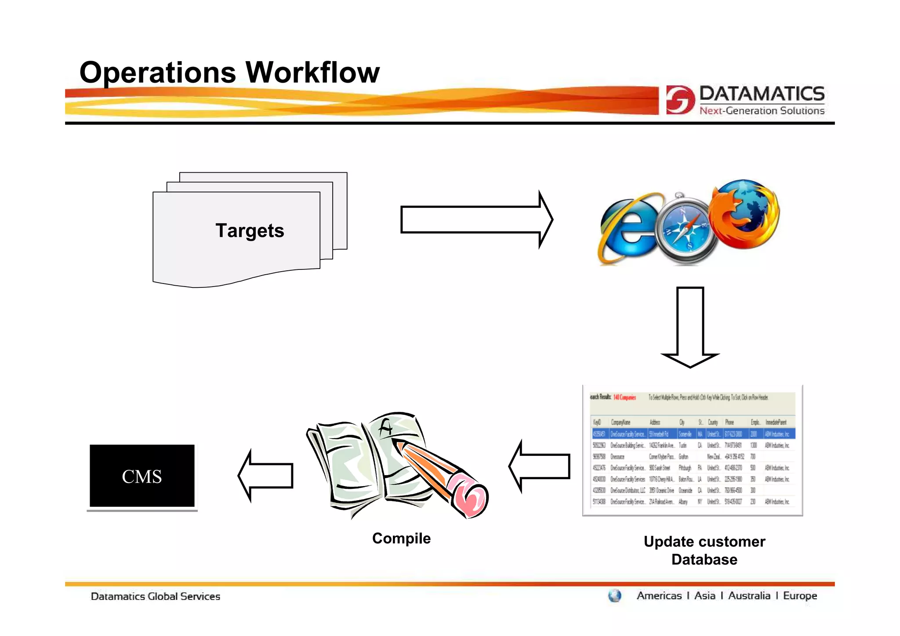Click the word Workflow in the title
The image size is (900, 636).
click(312, 73)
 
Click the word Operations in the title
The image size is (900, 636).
click(158, 73)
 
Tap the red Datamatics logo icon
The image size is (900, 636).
click(679, 100)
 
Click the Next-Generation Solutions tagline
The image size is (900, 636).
click(762, 111)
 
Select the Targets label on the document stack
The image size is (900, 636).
click(250, 231)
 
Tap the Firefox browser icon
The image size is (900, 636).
click(744, 214)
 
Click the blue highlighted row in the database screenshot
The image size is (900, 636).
click(693, 434)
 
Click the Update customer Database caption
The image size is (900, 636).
click(704, 550)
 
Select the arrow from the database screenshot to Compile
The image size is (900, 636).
click(540, 466)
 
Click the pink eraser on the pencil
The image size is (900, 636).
click(471, 496)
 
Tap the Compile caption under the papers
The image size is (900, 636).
click(401, 538)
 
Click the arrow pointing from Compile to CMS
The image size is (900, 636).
click(266, 476)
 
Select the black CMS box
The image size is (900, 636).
click(142, 476)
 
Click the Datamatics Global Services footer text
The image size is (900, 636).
click(155, 596)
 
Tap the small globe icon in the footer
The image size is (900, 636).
click(614, 596)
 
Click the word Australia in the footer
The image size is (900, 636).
click(749, 596)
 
